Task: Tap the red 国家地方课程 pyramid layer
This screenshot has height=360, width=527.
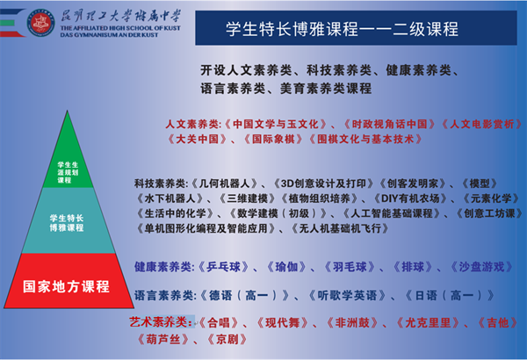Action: [66, 286]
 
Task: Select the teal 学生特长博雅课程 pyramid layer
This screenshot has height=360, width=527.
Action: [66, 222]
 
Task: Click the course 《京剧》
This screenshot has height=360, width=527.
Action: [230, 339]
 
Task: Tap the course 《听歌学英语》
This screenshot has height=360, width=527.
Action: [329, 295]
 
